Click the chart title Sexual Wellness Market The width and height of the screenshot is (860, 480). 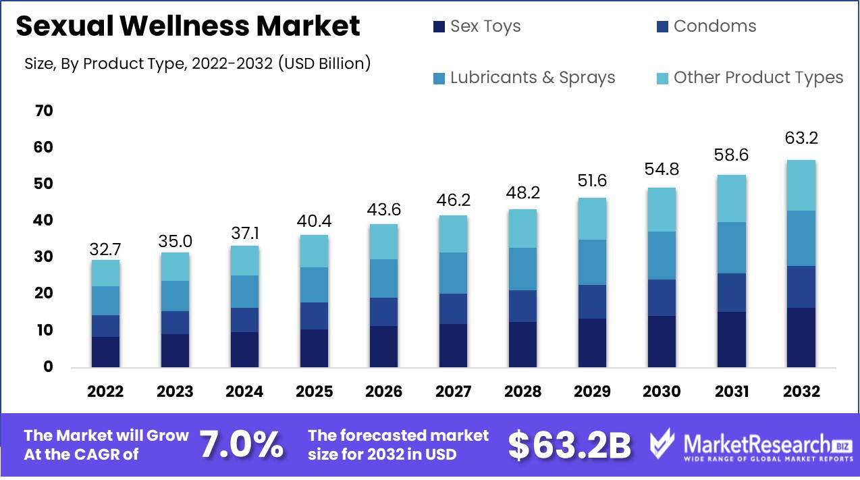188,26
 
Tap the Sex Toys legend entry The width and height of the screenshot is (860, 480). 477,26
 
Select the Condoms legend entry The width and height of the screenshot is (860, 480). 706,26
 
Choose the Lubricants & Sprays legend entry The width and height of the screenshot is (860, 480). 524,78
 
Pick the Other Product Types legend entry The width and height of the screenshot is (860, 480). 749,78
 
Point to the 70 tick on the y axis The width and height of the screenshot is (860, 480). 43,111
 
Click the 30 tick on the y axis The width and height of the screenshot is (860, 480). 43,257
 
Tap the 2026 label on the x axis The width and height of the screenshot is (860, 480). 383,392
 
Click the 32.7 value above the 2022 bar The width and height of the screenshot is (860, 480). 105,249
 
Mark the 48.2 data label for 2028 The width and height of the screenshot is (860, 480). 522,194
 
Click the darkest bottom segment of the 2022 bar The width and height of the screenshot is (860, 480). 105,352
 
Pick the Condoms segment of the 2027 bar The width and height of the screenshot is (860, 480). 453,309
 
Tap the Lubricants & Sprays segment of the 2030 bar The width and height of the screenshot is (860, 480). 662,255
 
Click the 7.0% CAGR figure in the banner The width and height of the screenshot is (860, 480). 241,445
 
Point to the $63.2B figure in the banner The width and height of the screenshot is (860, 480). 569,445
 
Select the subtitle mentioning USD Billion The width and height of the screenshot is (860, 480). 197,64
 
